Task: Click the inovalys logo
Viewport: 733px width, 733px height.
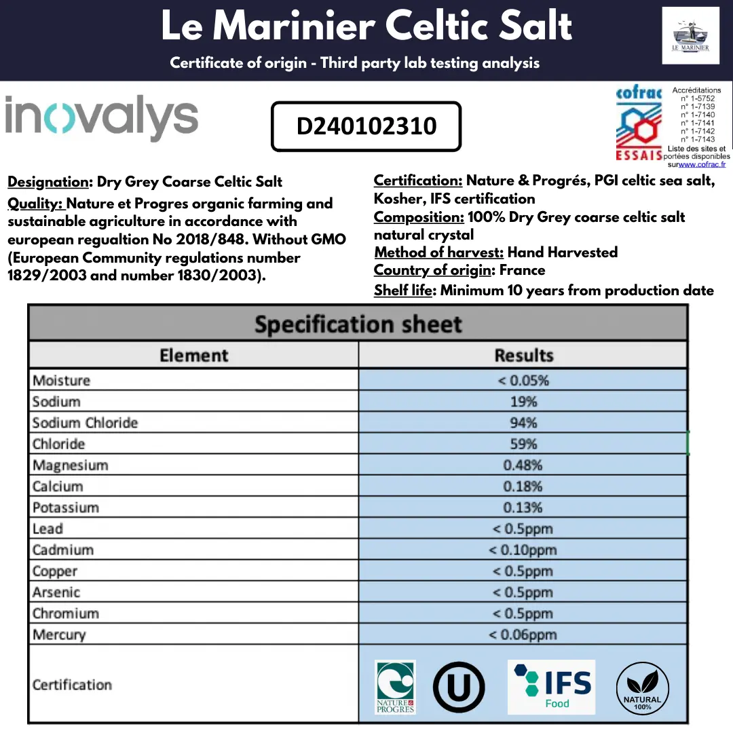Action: [102, 118]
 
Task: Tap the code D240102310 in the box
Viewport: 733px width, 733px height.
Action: [366, 126]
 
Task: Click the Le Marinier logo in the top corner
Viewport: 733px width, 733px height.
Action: [690, 35]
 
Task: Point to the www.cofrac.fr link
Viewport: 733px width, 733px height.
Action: [702, 164]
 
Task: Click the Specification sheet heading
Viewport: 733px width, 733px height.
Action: [358, 324]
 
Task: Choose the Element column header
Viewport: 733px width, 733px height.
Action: [193, 355]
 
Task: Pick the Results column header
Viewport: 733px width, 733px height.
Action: [523, 355]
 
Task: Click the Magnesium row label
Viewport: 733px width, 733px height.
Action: [71, 466]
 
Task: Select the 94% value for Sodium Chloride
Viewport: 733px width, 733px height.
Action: [523, 423]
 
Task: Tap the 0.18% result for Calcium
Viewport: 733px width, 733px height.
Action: [523, 487]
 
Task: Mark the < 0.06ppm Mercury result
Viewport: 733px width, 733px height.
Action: [523, 635]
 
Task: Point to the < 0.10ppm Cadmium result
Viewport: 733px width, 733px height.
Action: [523, 550]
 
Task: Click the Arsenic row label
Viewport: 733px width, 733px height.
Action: [56, 593]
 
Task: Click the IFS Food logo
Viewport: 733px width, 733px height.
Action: [552, 686]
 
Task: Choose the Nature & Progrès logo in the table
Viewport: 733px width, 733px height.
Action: [395, 687]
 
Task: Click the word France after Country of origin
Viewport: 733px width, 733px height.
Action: [522, 270]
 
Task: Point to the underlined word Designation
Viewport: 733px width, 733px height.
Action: [48, 182]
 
